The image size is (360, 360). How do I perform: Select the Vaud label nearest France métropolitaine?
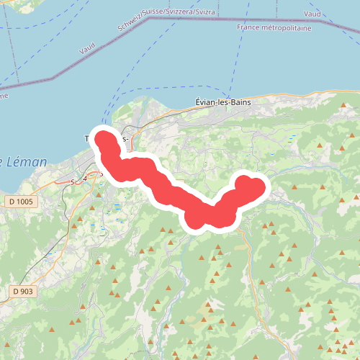pyautogui.click(x=312, y=14)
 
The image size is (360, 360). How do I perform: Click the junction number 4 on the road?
pyautogui.click(x=86, y=177)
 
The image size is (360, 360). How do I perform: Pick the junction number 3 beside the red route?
pyautogui.click(x=102, y=174)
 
